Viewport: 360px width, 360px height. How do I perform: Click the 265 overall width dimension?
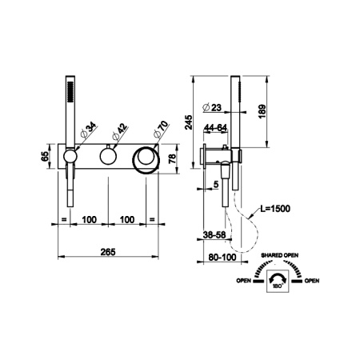108,252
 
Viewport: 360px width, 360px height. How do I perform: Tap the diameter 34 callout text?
88,130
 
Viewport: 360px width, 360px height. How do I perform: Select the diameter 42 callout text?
120,131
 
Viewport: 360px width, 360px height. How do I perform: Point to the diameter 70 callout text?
161,130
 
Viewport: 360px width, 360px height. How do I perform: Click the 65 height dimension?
45,156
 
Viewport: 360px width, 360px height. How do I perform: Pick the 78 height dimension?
173,158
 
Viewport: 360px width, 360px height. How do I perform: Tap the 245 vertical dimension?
189,122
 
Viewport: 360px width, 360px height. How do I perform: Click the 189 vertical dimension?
262,111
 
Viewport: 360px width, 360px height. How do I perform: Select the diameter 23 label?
212,107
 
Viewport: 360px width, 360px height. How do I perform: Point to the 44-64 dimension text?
215,128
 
